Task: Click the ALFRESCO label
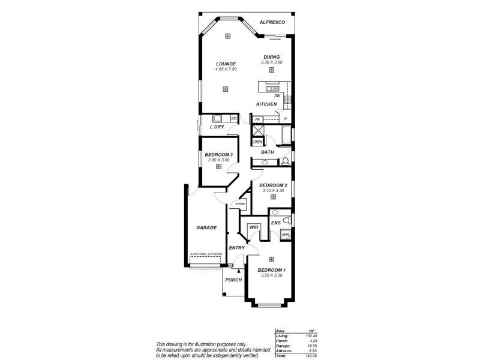[272, 22]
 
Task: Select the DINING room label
[271, 57]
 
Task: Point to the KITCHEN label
[266, 104]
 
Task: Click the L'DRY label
[217, 127]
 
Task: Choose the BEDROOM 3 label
[218, 155]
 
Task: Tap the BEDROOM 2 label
[273, 185]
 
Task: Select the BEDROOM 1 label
[271, 270]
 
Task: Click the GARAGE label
[206, 228]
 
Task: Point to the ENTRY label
[236, 247]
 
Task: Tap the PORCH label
[233, 280]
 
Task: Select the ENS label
[276, 223]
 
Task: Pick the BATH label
[268, 152]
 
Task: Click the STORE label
[240, 204]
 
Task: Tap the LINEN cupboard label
[257, 142]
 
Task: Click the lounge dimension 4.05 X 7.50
[226, 69]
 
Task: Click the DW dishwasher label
[277, 96]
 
